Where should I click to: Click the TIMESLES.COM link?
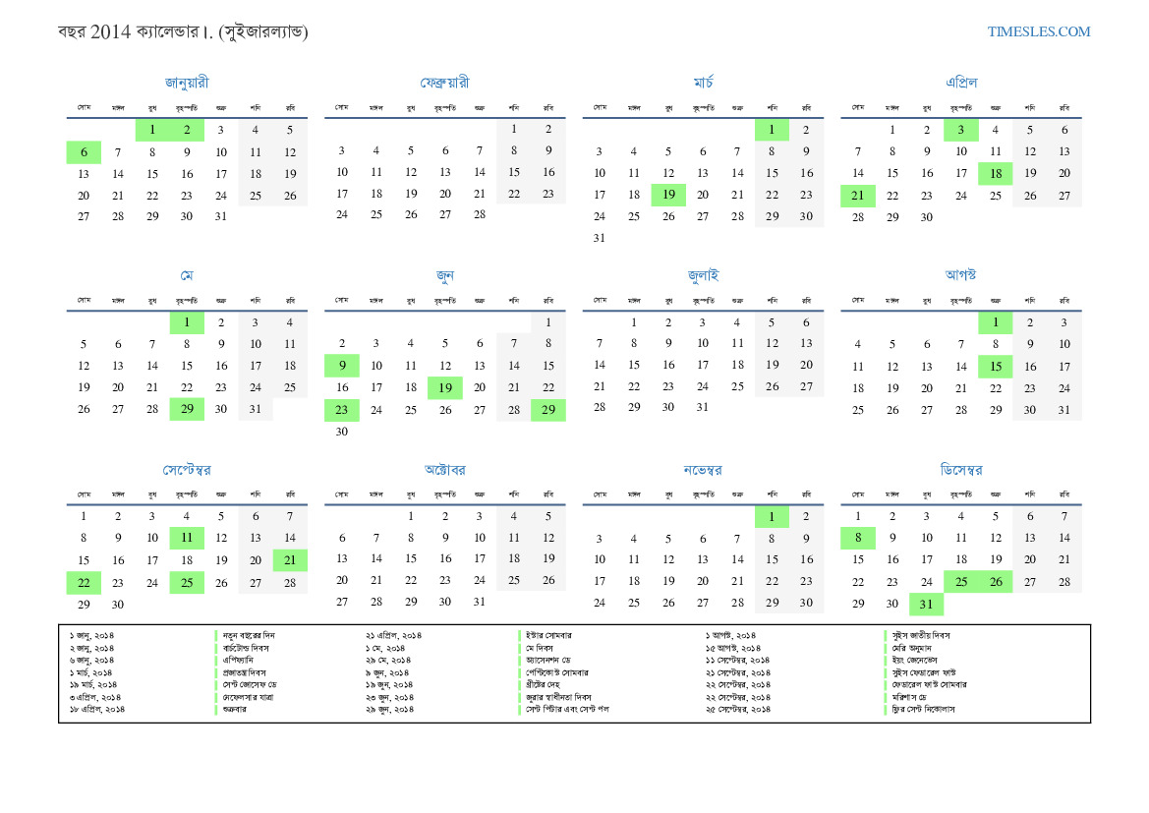pos(1039,31)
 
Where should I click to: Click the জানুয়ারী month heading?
pos(187,83)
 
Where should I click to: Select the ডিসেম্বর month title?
pos(960,470)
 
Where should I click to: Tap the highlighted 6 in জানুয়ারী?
pos(84,152)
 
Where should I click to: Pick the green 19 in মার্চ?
pos(668,195)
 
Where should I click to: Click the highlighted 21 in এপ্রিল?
pos(857,195)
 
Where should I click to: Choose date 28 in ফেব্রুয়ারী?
pos(479,214)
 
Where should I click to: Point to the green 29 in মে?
pos(187,409)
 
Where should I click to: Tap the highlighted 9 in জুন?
pos(341,366)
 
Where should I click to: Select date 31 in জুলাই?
pos(702,407)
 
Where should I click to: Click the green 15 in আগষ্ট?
pos(995,366)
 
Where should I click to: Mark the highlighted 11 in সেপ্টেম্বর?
pos(187,538)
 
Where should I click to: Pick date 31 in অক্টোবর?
pos(479,602)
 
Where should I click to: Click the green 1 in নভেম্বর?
pos(772,516)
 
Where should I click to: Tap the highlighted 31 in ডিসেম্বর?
pos(926,604)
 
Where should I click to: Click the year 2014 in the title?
pos(110,31)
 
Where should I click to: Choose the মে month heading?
pos(187,275)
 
